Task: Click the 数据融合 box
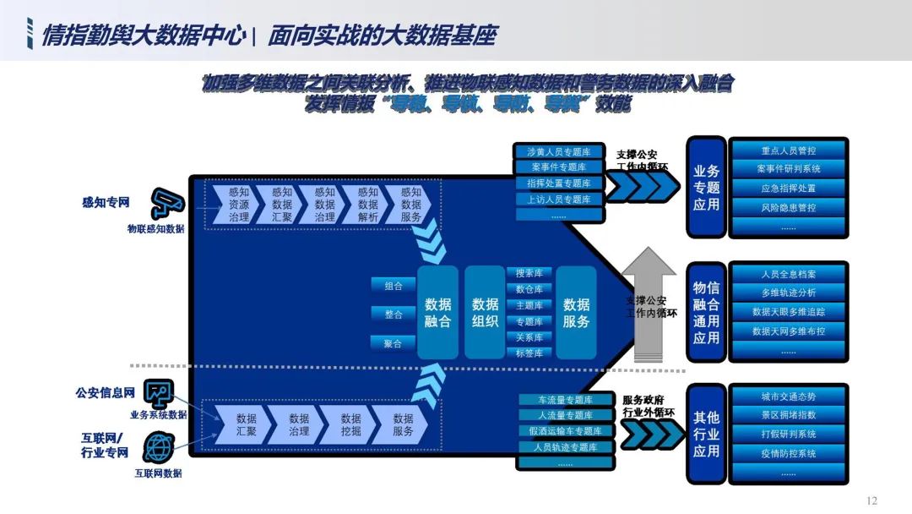click(x=437, y=312)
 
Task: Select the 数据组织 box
click(x=485, y=312)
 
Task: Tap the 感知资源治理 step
click(x=239, y=205)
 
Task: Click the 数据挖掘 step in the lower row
click(x=350, y=424)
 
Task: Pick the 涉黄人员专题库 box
click(x=559, y=152)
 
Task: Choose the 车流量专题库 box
click(x=559, y=400)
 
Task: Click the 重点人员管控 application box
click(x=788, y=150)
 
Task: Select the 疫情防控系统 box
click(x=788, y=454)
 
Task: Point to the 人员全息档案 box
click(x=788, y=275)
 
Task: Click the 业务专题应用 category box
click(x=706, y=188)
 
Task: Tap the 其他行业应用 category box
click(x=706, y=435)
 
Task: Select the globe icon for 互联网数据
click(x=159, y=446)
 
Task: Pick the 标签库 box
click(x=529, y=353)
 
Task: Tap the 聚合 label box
click(x=394, y=342)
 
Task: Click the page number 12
click(x=872, y=500)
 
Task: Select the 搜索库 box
click(x=529, y=273)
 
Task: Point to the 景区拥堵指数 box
click(x=788, y=415)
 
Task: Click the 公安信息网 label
click(x=105, y=393)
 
